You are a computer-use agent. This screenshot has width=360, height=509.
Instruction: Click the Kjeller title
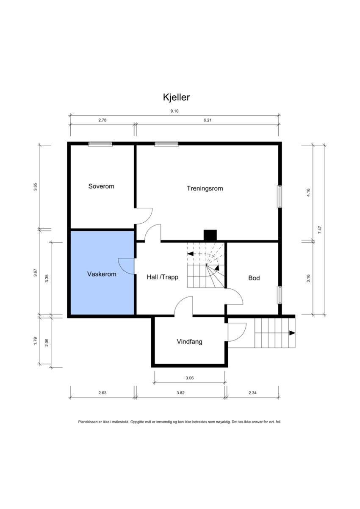tap(176, 97)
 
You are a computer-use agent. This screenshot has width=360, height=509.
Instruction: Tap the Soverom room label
tap(101, 186)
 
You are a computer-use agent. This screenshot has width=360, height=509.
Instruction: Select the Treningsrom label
tap(205, 188)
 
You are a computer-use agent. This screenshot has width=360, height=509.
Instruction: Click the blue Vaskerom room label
tap(102, 274)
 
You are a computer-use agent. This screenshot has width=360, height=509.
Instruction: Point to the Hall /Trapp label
tap(163, 277)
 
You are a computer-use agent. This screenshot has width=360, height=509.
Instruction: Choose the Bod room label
tap(254, 278)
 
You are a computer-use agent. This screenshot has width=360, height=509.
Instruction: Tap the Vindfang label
tap(189, 341)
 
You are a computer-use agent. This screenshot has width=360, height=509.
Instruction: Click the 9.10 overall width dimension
tap(174, 111)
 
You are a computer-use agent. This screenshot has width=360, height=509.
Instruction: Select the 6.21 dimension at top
tap(207, 120)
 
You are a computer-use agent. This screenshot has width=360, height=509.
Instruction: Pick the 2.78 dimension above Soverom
tap(102, 120)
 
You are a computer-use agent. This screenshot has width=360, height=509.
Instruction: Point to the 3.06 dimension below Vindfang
tap(189, 378)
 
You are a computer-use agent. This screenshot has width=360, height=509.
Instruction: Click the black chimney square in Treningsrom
tap(210, 235)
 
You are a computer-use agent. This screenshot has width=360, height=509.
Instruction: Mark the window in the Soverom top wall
tap(100, 144)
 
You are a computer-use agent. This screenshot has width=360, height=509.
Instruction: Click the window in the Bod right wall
tap(280, 295)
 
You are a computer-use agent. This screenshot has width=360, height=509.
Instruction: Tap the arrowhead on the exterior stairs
tap(292, 333)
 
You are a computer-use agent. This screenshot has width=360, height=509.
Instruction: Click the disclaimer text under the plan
tap(180, 422)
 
